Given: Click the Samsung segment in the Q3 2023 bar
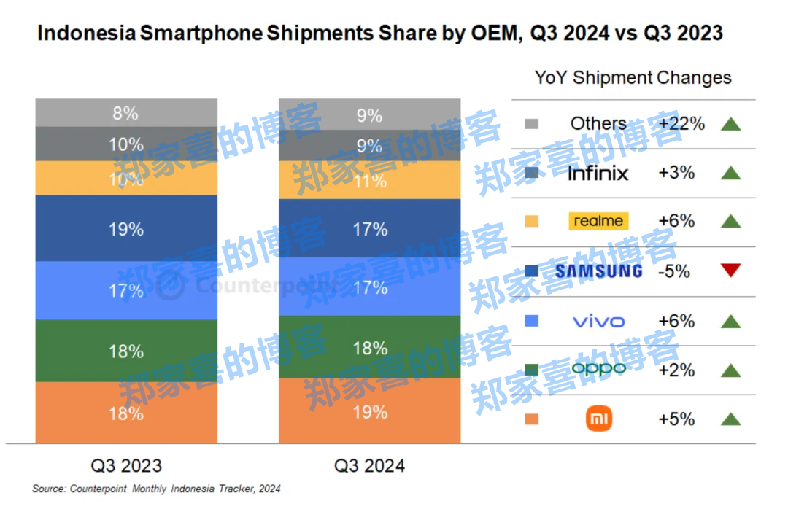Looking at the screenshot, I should coord(126,228).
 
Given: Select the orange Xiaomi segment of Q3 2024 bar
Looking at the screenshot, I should coord(369,411).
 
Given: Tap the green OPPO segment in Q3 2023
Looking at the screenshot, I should coord(126,351).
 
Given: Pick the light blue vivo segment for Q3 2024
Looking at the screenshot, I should coord(369,287).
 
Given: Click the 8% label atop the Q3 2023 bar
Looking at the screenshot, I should coord(126,113).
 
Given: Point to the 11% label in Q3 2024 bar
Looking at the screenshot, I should coord(370,180).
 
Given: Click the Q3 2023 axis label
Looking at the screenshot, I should coord(126,465).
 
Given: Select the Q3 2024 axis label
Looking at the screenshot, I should coord(369,465).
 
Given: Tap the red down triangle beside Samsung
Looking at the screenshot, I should coord(730,271).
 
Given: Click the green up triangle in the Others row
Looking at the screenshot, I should coord(730,124).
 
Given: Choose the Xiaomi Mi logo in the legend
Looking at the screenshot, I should coord(599,419).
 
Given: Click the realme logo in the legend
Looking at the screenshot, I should coord(598,221).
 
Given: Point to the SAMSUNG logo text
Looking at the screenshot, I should coord(598,271).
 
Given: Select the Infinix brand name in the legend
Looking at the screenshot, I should coord(598,173).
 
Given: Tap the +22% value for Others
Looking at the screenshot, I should coord(681,124).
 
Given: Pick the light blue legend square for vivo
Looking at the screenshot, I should coord(531,320).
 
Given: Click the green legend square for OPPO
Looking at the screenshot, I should coord(531,370).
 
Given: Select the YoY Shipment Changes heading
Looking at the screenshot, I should coord(633,77).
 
